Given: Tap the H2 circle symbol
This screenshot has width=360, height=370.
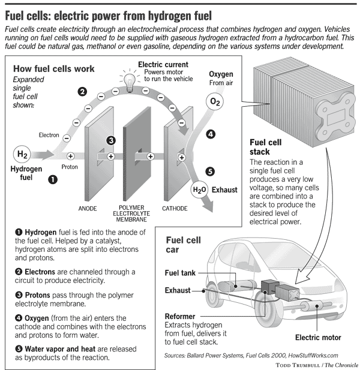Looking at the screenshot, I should pyautogui.click(x=22, y=155).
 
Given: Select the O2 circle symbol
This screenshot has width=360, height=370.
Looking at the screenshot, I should pyautogui.click(x=215, y=103).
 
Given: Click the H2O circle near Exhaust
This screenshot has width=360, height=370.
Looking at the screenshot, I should pyautogui.click(x=199, y=190).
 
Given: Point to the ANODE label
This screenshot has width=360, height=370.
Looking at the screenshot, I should pyautogui.click(x=88, y=209).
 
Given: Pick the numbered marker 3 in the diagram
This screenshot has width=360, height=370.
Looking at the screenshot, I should pyautogui.click(x=111, y=140).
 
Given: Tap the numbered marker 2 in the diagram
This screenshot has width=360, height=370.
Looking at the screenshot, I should pyautogui.click(x=82, y=92).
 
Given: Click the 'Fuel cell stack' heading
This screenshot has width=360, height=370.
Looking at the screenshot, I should pyautogui.click(x=266, y=148).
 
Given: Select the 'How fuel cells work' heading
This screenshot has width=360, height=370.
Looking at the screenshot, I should pyautogui.click(x=53, y=69).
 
